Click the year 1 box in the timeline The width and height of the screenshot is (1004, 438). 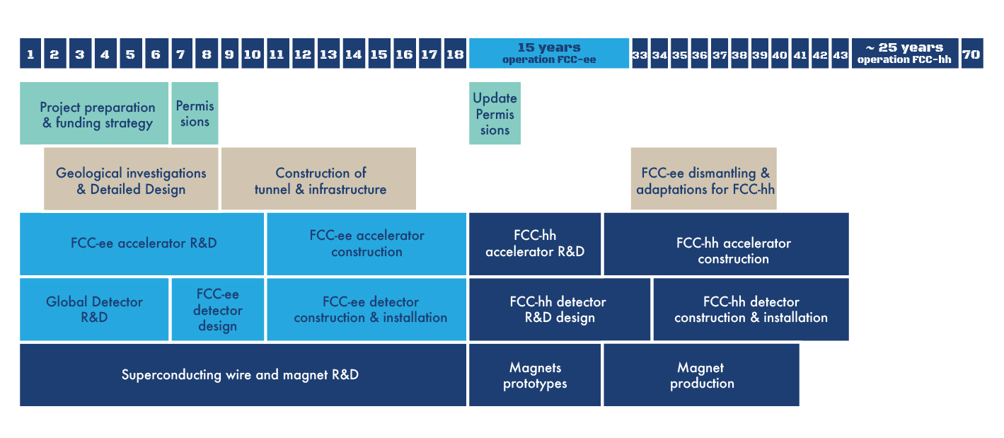pos(30,54)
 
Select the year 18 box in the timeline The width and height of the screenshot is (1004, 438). pos(455,54)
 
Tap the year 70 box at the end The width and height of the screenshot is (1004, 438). pos(971,54)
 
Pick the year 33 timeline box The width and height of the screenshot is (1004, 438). pos(640,54)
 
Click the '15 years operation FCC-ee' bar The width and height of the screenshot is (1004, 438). pos(549,54)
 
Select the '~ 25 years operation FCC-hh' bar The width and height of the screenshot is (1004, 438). pos(905,54)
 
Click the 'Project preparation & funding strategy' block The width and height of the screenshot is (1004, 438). pos(94,113)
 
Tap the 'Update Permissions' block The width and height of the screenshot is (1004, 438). pos(495,113)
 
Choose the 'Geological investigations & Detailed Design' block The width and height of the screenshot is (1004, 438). pos(131,179)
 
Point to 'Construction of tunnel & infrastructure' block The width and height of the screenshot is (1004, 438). pos(318,179)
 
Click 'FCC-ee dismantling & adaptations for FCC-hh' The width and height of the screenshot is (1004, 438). pos(704,179)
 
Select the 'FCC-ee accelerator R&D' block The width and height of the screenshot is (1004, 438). pos(142,244)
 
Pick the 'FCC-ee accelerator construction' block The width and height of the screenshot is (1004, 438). pos(367,244)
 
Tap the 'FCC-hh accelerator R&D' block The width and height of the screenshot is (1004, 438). pos(535,244)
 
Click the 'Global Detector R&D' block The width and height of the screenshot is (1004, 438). pos(94,309)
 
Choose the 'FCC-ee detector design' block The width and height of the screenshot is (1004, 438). pos(217,309)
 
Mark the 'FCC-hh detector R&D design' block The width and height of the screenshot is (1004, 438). pos(559,309)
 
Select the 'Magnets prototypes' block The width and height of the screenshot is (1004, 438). pos(535,375)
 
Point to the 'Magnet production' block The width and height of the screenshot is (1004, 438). pos(701,375)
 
